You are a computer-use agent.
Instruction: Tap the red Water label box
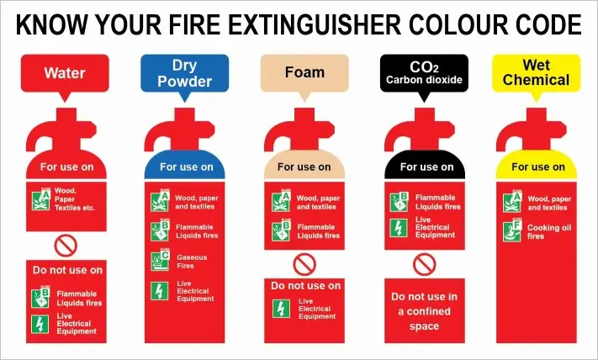(x=65, y=73)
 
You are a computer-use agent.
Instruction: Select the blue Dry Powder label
(x=184, y=73)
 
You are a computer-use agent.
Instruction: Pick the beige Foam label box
(x=304, y=72)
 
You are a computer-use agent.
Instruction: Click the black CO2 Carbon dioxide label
(x=425, y=73)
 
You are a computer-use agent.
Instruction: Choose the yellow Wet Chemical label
(x=536, y=73)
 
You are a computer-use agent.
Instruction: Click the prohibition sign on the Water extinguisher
(x=65, y=245)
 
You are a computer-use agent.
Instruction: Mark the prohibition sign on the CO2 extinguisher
(x=425, y=264)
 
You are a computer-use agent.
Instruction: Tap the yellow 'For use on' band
(x=538, y=167)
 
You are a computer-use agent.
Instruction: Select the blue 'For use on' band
(x=186, y=167)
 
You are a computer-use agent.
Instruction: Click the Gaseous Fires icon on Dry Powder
(x=159, y=261)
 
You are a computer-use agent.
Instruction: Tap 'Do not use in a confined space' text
(x=425, y=311)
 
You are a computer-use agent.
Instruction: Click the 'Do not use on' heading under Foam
(x=305, y=286)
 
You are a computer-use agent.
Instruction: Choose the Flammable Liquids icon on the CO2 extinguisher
(x=399, y=201)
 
